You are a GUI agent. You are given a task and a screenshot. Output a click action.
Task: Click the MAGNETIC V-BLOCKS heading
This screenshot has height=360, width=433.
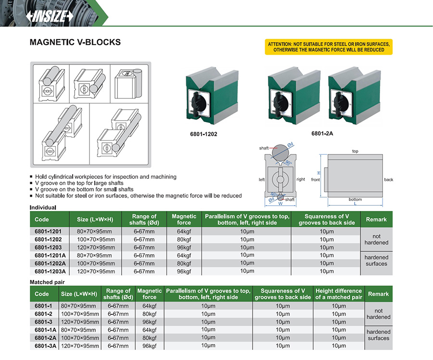pos(75,42)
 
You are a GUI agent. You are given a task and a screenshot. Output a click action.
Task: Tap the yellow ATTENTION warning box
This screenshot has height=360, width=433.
pos(329,47)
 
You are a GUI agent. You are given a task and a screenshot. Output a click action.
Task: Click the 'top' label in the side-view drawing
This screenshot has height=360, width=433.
pos(355,151)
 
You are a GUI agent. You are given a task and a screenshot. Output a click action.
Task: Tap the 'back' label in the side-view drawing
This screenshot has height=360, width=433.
pos(389,180)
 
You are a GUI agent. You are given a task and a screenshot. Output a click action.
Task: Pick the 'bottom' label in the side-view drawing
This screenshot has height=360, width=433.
pos(355,199)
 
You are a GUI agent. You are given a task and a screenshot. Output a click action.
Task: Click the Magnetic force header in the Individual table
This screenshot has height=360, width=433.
pos(184,219)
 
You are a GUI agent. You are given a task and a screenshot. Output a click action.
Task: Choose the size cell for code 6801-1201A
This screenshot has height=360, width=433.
pos(96,255)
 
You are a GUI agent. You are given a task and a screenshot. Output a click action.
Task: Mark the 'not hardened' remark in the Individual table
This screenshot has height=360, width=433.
pos(376,239)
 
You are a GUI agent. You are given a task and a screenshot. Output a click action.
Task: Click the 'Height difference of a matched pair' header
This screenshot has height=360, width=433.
pos(338,294)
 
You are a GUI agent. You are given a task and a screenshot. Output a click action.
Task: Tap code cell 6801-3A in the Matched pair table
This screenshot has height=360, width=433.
pos(45,346)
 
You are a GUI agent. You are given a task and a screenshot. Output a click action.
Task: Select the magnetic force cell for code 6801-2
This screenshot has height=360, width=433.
pos(150,314)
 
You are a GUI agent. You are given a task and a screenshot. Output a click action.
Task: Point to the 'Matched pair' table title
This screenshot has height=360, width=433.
pos(47,282)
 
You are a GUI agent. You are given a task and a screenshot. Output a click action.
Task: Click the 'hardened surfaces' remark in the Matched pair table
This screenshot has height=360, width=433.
pos(378,335)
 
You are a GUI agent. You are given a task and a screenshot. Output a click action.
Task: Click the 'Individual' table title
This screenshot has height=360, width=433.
pos(43,208)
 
